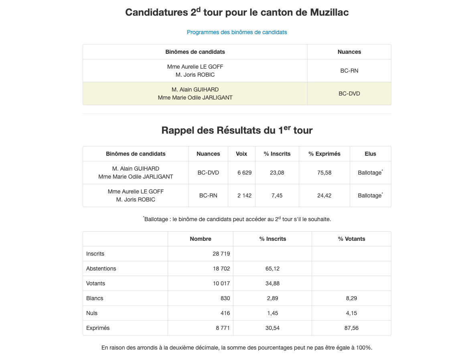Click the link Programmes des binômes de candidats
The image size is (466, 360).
tap(237, 32)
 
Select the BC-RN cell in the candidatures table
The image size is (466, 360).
tap(349, 71)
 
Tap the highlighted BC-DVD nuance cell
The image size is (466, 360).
tap(349, 94)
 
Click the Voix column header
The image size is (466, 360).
tap(241, 154)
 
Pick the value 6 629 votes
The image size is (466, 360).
tap(244, 173)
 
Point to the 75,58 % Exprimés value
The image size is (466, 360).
tap(324, 173)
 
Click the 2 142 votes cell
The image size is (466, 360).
tap(244, 195)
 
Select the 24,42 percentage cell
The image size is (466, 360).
tap(324, 195)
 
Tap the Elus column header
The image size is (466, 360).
tap(370, 154)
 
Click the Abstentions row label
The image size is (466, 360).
tap(101, 268)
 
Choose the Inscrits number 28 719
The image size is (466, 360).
tap(221, 254)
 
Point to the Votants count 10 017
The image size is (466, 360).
tap(221, 283)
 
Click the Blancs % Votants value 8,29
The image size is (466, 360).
tap(351, 298)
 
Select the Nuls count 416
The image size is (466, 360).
tap(225, 313)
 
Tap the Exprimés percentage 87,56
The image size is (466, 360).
tap(351, 328)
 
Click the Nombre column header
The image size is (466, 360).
tap(201, 239)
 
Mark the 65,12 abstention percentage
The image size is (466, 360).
tap(272, 268)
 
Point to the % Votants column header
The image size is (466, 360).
tap(351, 239)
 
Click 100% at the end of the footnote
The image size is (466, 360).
tap(365, 348)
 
